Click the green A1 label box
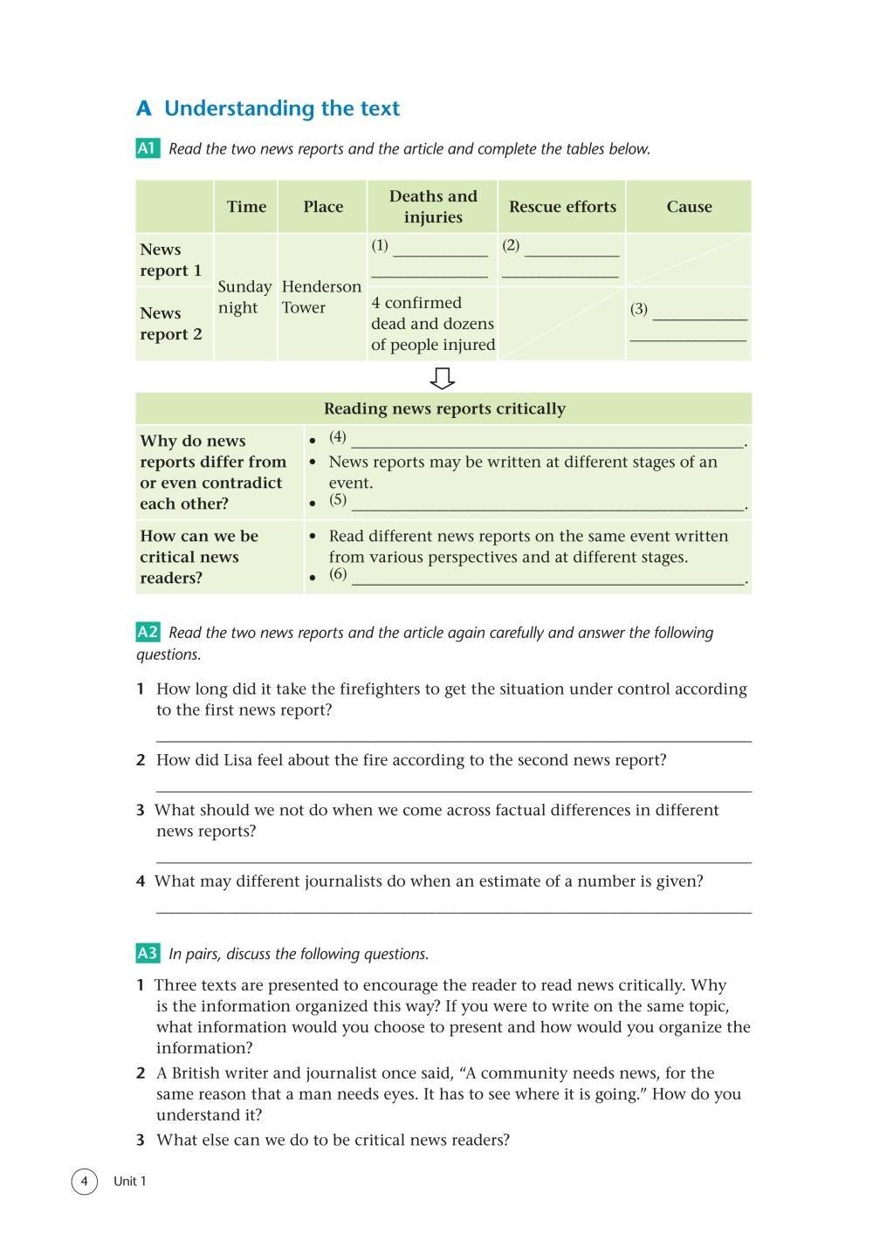pyautogui.click(x=148, y=148)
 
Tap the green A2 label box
pyautogui.click(x=148, y=633)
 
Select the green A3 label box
pyautogui.click(x=148, y=954)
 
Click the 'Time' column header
pyautogui.click(x=246, y=207)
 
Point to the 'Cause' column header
pyautogui.click(x=689, y=207)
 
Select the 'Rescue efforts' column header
pyautogui.click(x=562, y=207)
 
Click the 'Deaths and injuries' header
pyautogui.click(x=433, y=207)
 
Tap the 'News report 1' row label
pyautogui.click(x=171, y=260)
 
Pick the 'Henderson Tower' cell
pyautogui.click(x=321, y=297)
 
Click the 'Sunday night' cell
pyautogui.click(x=244, y=297)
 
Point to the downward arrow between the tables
pyautogui.click(x=443, y=378)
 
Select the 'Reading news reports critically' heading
pyautogui.click(x=444, y=408)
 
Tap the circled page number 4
pyautogui.click(x=84, y=1182)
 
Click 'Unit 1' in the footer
pyautogui.click(x=130, y=1182)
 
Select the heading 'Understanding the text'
pyautogui.click(x=281, y=109)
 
